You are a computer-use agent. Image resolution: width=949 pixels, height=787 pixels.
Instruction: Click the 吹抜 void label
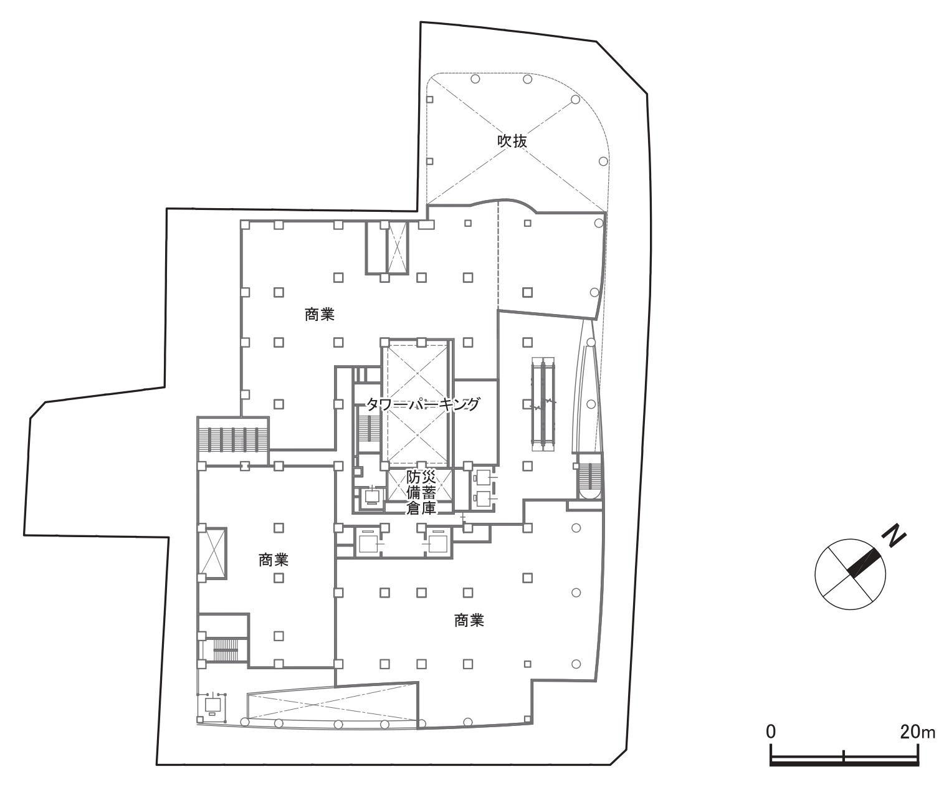click(512, 141)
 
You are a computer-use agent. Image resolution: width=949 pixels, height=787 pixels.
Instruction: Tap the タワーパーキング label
click(422, 404)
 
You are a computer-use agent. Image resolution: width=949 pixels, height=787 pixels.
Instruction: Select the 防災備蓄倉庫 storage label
click(421, 492)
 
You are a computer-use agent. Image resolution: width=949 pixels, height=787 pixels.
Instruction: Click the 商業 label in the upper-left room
click(320, 314)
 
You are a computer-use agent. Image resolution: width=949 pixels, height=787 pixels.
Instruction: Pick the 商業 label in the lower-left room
click(274, 560)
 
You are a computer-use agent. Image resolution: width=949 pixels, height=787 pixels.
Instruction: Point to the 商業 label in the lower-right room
click(469, 620)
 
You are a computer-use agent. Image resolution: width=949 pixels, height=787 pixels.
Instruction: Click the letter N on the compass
click(894, 536)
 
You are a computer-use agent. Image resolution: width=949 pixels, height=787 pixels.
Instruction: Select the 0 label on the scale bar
click(770, 732)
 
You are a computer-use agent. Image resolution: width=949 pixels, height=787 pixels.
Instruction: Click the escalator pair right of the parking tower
click(543, 404)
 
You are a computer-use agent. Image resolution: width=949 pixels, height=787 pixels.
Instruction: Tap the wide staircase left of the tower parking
click(232, 440)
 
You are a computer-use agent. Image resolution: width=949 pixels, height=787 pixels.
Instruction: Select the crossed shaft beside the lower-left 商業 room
click(212, 553)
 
